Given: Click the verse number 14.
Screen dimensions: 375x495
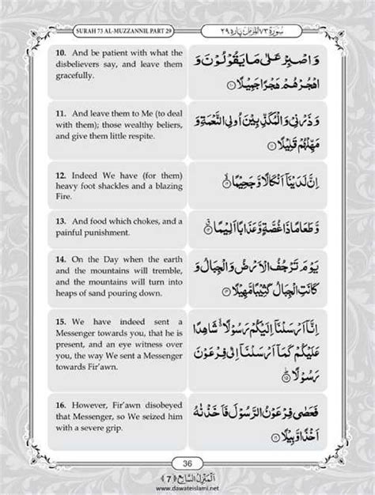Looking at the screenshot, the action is click(59, 258).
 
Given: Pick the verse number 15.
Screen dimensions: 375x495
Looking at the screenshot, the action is click(59, 323).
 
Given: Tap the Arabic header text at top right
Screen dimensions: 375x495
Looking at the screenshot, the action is click(260, 30).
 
